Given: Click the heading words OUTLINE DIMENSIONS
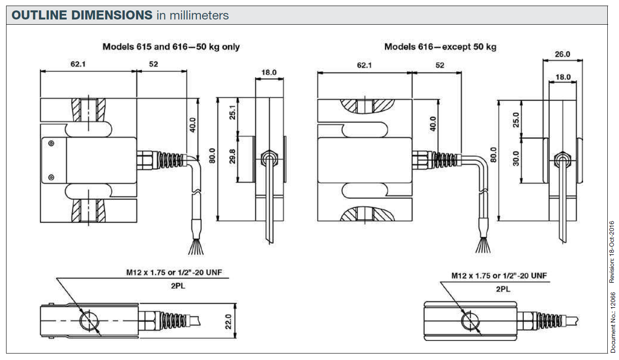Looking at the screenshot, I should pos(81,16).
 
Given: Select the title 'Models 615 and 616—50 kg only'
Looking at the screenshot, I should pos(171,47).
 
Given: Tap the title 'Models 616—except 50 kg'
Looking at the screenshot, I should pos(440,47).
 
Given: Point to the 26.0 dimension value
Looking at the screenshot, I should pos(562,54).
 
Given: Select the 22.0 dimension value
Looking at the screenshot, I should pos(229,321).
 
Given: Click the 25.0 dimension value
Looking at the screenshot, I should pos(515,120).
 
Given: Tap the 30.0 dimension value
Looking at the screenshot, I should pos(515,161).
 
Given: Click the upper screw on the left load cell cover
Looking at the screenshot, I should pos(51,143).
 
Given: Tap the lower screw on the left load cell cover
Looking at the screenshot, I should pos(51,177).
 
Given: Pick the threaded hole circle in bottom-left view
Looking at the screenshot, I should pos(90,321).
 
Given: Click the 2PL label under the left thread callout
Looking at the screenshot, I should pos(177,286).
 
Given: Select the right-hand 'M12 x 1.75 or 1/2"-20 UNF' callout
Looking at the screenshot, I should pos(499,276).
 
